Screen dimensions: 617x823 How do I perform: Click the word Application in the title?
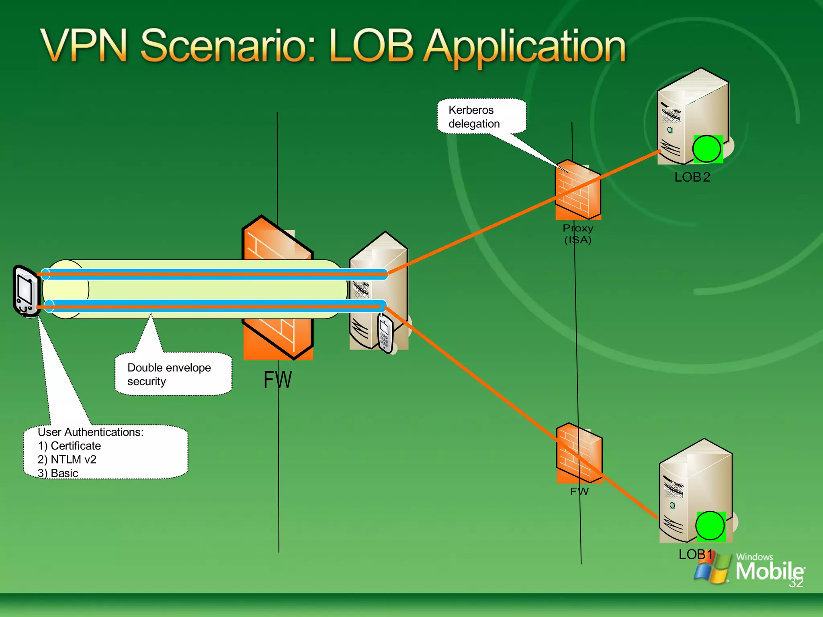pyautogui.click(x=525, y=47)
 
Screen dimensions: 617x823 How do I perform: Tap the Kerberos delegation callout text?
pyautogui.click(x=474, y=117)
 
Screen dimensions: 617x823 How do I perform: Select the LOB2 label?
pyautogui.click(x=692, y=177)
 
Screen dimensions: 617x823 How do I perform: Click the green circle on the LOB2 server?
pyautogui.click(x=707, y=149)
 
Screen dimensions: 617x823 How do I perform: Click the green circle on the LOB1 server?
pyautogui.click(x=710, y=526)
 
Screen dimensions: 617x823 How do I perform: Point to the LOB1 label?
pyautogui.click(x=695, y=555)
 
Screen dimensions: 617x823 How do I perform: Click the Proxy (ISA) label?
pyautogui.click(x=578, y=234)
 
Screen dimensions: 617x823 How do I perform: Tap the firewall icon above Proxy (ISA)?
pyautogui.click(x=578, y=190)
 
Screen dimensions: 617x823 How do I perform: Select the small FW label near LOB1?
pyautogui.click(x=579, y=491)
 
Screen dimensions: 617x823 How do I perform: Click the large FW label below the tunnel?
pyautogui.click(x=277, y=380)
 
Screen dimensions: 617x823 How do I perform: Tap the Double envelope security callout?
pyautogui.click(x=169, y=374)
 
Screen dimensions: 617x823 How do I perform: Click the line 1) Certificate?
pyautogui.click(x=69, y=446)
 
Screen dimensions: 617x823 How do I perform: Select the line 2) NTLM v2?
pyautogui.click(x=67, y=460)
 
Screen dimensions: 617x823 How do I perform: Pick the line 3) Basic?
pyautogui.click(x=58, y=473)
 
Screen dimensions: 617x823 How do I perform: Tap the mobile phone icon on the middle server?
pyautogui.click(x=385, y=333)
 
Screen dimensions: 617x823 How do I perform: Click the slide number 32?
pyautogui.click(x=796, y=583)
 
